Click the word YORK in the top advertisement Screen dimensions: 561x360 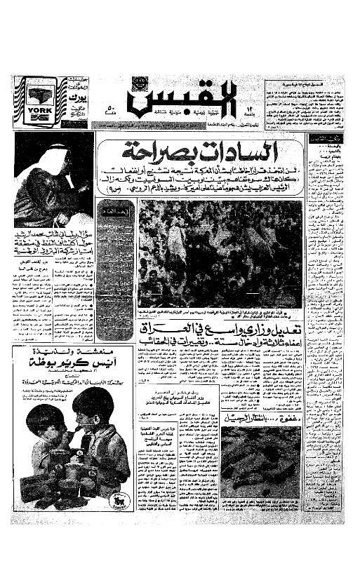click(36, 111)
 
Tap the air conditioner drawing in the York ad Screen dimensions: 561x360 click(36, 95)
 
